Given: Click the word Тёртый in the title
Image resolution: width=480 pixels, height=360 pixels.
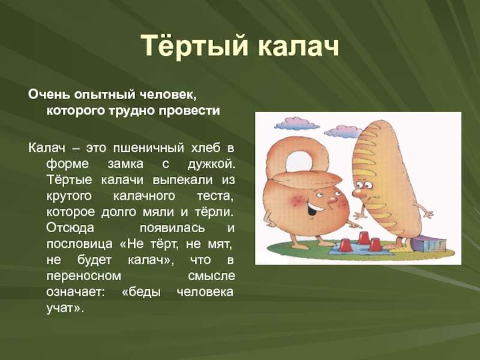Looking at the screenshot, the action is click(x=194, y=46).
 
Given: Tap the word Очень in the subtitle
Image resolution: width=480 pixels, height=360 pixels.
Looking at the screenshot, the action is click(x=49, y=95).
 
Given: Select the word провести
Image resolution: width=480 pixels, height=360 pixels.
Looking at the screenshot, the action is click(x=189, y=110).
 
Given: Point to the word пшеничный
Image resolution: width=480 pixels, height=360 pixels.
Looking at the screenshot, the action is click(x=148, y=148).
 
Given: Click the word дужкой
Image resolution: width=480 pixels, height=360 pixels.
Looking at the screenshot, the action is click(x=211, y=164).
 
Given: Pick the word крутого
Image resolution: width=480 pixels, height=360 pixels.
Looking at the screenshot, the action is click(x=69, y=196).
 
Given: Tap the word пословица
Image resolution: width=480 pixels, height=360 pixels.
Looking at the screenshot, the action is click(x=79, y=244).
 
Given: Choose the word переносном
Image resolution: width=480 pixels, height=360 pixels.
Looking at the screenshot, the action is click(x=83, y=276).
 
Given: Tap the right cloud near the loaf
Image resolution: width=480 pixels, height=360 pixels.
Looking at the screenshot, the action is click(x=343, y=131).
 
